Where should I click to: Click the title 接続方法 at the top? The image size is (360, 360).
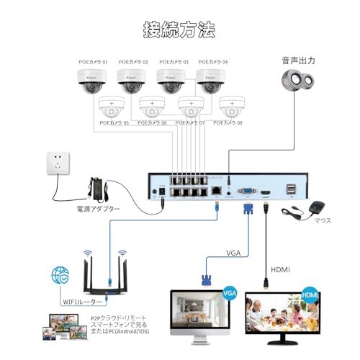pos(179,30)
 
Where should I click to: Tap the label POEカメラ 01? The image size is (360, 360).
pos(93,62)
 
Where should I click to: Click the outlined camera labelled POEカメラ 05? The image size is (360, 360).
pos(113,107)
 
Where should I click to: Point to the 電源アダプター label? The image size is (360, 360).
pos(98,209)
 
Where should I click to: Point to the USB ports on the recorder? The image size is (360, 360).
pos(292,190)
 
